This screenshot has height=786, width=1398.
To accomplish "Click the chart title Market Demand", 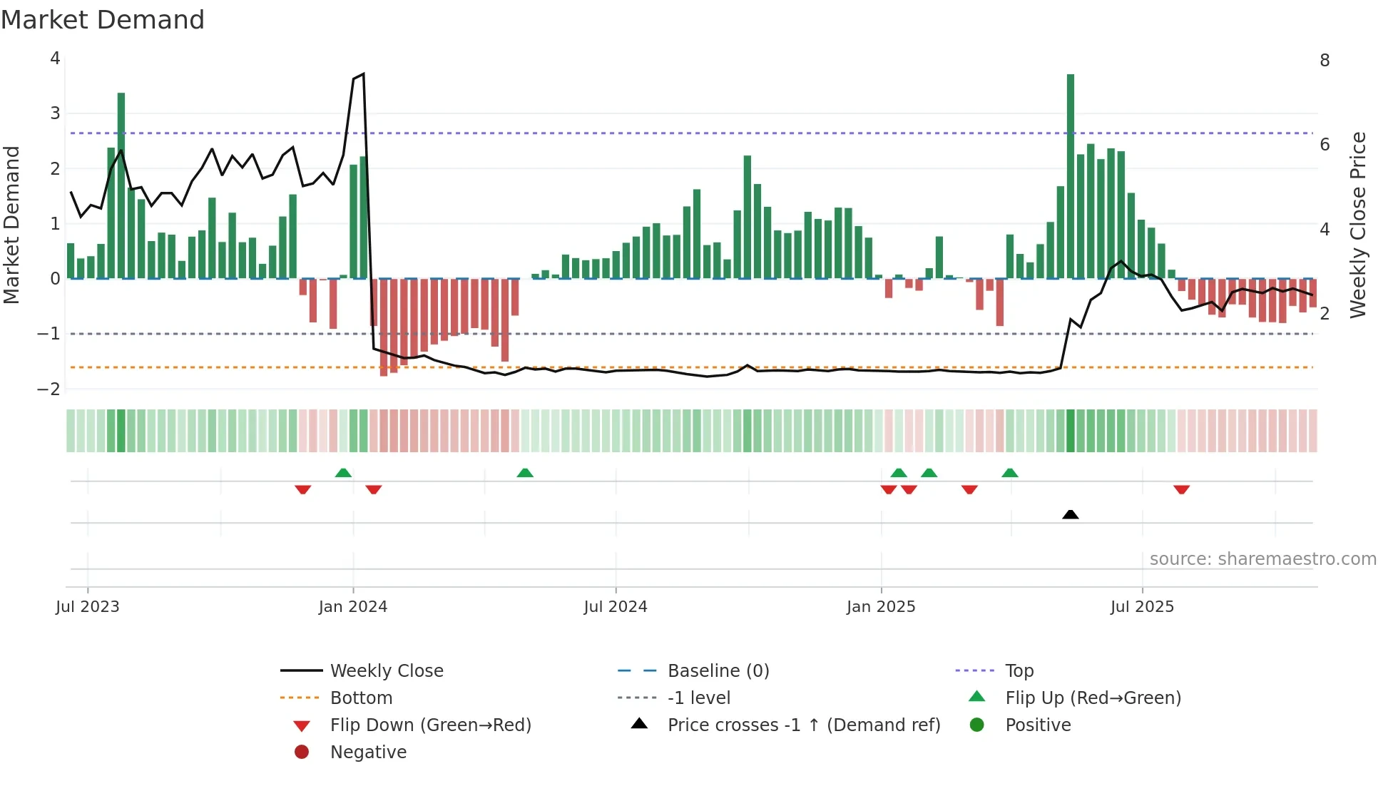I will tap(103, 20).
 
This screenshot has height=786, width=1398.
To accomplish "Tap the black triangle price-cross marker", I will tap(1070, 514).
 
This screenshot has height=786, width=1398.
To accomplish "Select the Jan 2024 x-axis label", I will tap(352, 607).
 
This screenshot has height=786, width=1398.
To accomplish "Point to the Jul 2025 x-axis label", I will tap(1141, 607).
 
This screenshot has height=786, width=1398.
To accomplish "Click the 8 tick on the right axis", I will tap(1325, 61).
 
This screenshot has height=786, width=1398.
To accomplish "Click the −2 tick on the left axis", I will tap(49, 389).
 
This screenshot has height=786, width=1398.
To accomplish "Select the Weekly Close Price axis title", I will tap(1358, 225).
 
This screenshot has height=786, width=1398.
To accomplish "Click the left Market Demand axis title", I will tap(11, 225).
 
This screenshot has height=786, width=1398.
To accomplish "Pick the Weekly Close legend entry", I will tap(386, 671).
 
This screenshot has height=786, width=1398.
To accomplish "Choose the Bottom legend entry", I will tap(361, 698).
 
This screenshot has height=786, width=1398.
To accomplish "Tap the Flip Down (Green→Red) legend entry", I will tap(430, 725).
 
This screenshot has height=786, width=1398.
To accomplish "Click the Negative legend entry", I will tap(368, 752).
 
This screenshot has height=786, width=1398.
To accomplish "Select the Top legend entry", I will tap(1019, 671).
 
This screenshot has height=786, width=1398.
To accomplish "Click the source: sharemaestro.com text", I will tap(1262, 559).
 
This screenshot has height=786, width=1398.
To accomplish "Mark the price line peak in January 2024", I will tap(363, 73).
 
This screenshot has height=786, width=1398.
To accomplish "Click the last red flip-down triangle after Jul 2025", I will tap(1181, 489).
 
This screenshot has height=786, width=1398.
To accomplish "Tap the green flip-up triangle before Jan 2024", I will tap(343, 473).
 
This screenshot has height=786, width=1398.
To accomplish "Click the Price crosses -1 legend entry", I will tap(803, 725).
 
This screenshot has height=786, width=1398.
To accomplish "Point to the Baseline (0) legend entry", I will tap(718, 671).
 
